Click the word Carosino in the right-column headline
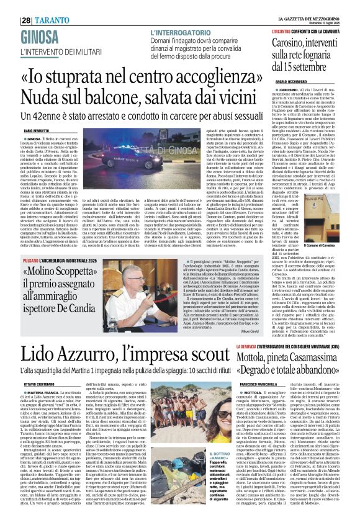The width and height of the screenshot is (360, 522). (286, 27)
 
